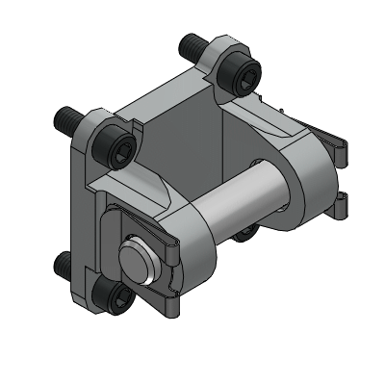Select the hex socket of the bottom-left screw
pos(114,296)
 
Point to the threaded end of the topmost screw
pos(187,43)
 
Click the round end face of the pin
pos(136,259)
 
